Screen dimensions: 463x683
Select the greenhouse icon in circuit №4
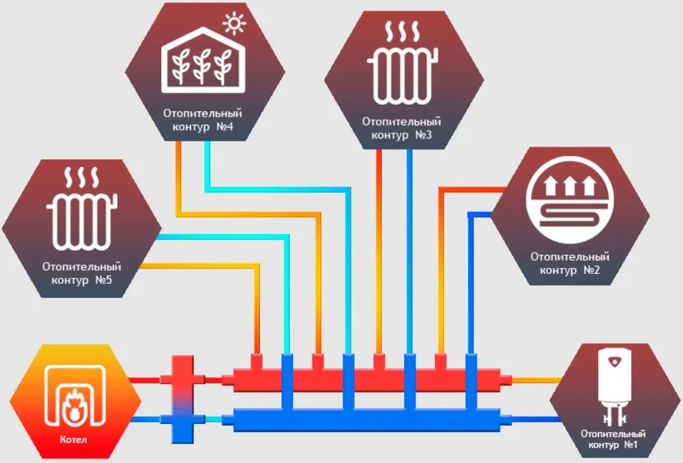(200, 60)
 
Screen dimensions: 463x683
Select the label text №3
(424, 135)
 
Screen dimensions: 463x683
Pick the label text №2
(591, 270)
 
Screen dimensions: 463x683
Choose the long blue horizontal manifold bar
(365, 420)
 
